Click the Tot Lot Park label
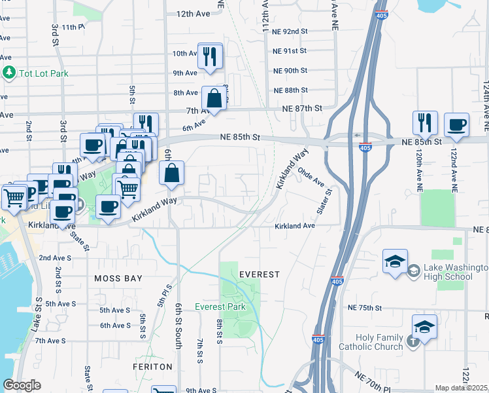pyautogui.click(x=44, y=73)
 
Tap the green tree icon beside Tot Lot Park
pyautogui.click(x=9, y=72)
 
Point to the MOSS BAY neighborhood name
pyautogui.click(x=118, y=278)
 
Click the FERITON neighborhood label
pyautogui.click(x=153, y=367)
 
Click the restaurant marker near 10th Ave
pyautogui.click(x=210, y=56)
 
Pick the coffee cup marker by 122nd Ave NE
pyautogui.click(x=456, y=124)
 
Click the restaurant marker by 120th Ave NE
pyautogui.click(x=425, y=123)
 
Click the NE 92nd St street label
pyautogui.click(x=290, y=31)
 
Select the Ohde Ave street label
pyautogui.click(x=311, y=176)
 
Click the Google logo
pyautogui.click(x=22, y=386)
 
